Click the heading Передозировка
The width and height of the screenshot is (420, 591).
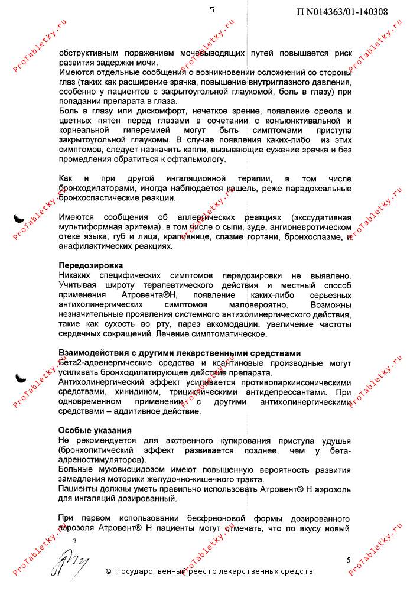coord(91,265)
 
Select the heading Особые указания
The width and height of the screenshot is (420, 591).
coord(95,430)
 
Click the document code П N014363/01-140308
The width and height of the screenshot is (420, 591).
coord(342,11)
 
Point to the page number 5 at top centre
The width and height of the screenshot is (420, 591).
coord(212,9)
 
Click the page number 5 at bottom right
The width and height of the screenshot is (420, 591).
coord(349,560)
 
